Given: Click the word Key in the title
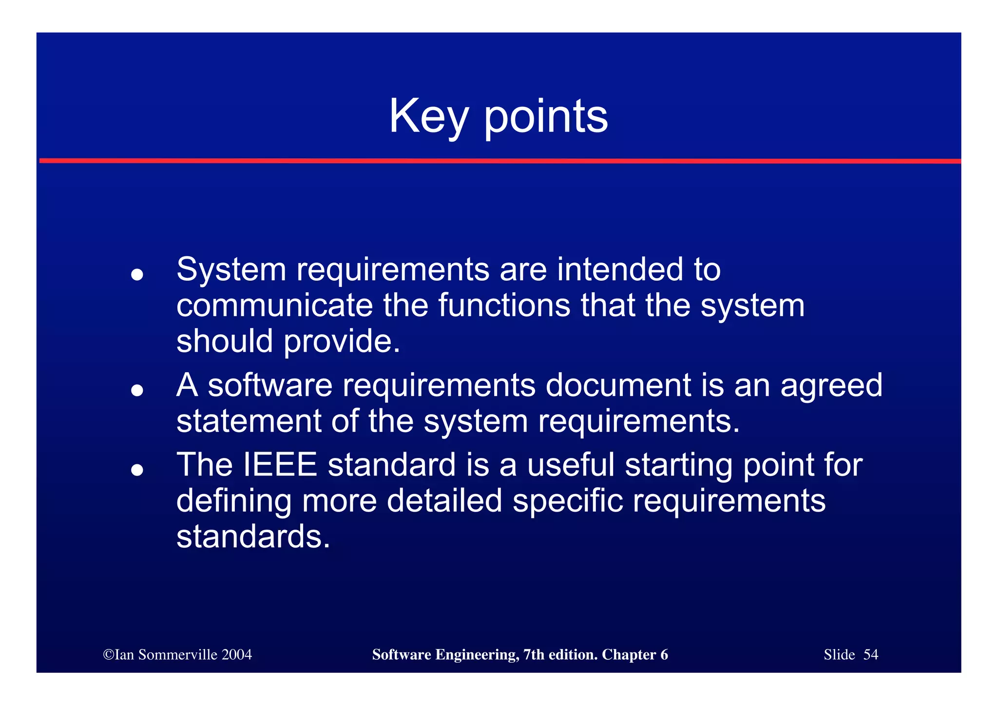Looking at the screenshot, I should (428, 117).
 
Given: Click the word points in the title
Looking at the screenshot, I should (546, 117).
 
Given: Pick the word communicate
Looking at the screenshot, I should (274, 305).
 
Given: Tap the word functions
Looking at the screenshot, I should (504, 305).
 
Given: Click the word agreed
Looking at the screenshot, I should (831, 386).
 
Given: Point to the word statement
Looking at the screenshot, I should (249, 421).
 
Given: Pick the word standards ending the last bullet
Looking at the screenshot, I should (253, 536).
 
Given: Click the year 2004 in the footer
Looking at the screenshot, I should (236, 654).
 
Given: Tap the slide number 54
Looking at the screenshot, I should (870, 654).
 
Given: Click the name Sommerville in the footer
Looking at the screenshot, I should (177, 654).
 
